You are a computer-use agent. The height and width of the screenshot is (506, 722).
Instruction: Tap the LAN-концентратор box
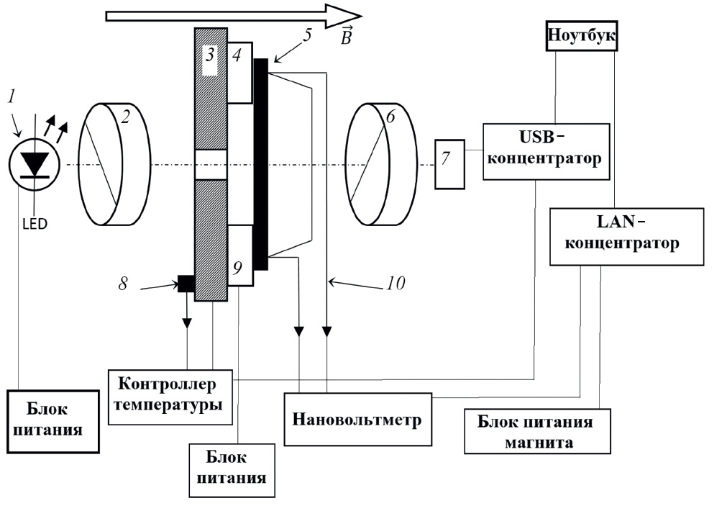click(625, 235)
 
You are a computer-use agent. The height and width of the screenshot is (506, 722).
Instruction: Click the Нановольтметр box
click(357, 420)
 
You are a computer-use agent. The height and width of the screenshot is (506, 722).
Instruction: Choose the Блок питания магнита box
click(536, 431)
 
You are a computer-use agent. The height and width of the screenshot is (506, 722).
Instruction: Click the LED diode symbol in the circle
click(34, 163)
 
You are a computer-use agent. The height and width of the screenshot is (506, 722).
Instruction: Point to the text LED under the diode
click(35, 224)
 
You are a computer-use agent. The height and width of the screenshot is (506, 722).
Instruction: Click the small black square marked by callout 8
click(186, 283)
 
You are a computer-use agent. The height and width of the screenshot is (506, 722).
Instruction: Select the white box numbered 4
click(239, 72)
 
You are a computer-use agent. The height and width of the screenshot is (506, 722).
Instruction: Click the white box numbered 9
click(239, 256)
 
